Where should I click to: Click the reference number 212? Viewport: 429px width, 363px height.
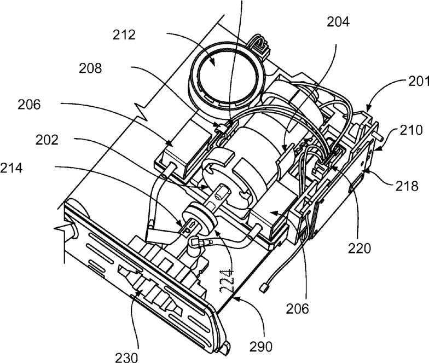(x=124, y=35)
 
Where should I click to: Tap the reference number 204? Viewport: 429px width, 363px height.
(x=338, y=22)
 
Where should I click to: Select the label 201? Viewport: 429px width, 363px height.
(x=419, y=82)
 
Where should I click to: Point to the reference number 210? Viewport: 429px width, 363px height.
(x=411, y=130)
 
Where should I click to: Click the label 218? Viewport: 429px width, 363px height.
(x=407, y=186)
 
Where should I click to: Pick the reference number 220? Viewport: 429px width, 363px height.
(x=360, y=249)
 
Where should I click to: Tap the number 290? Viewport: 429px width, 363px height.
(x=261, y=347)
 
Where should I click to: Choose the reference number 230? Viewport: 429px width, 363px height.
(x=126, y=357)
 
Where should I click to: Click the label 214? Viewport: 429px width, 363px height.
(x=11, y=168)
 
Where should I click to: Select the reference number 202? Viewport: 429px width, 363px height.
(x=47, y=140)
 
